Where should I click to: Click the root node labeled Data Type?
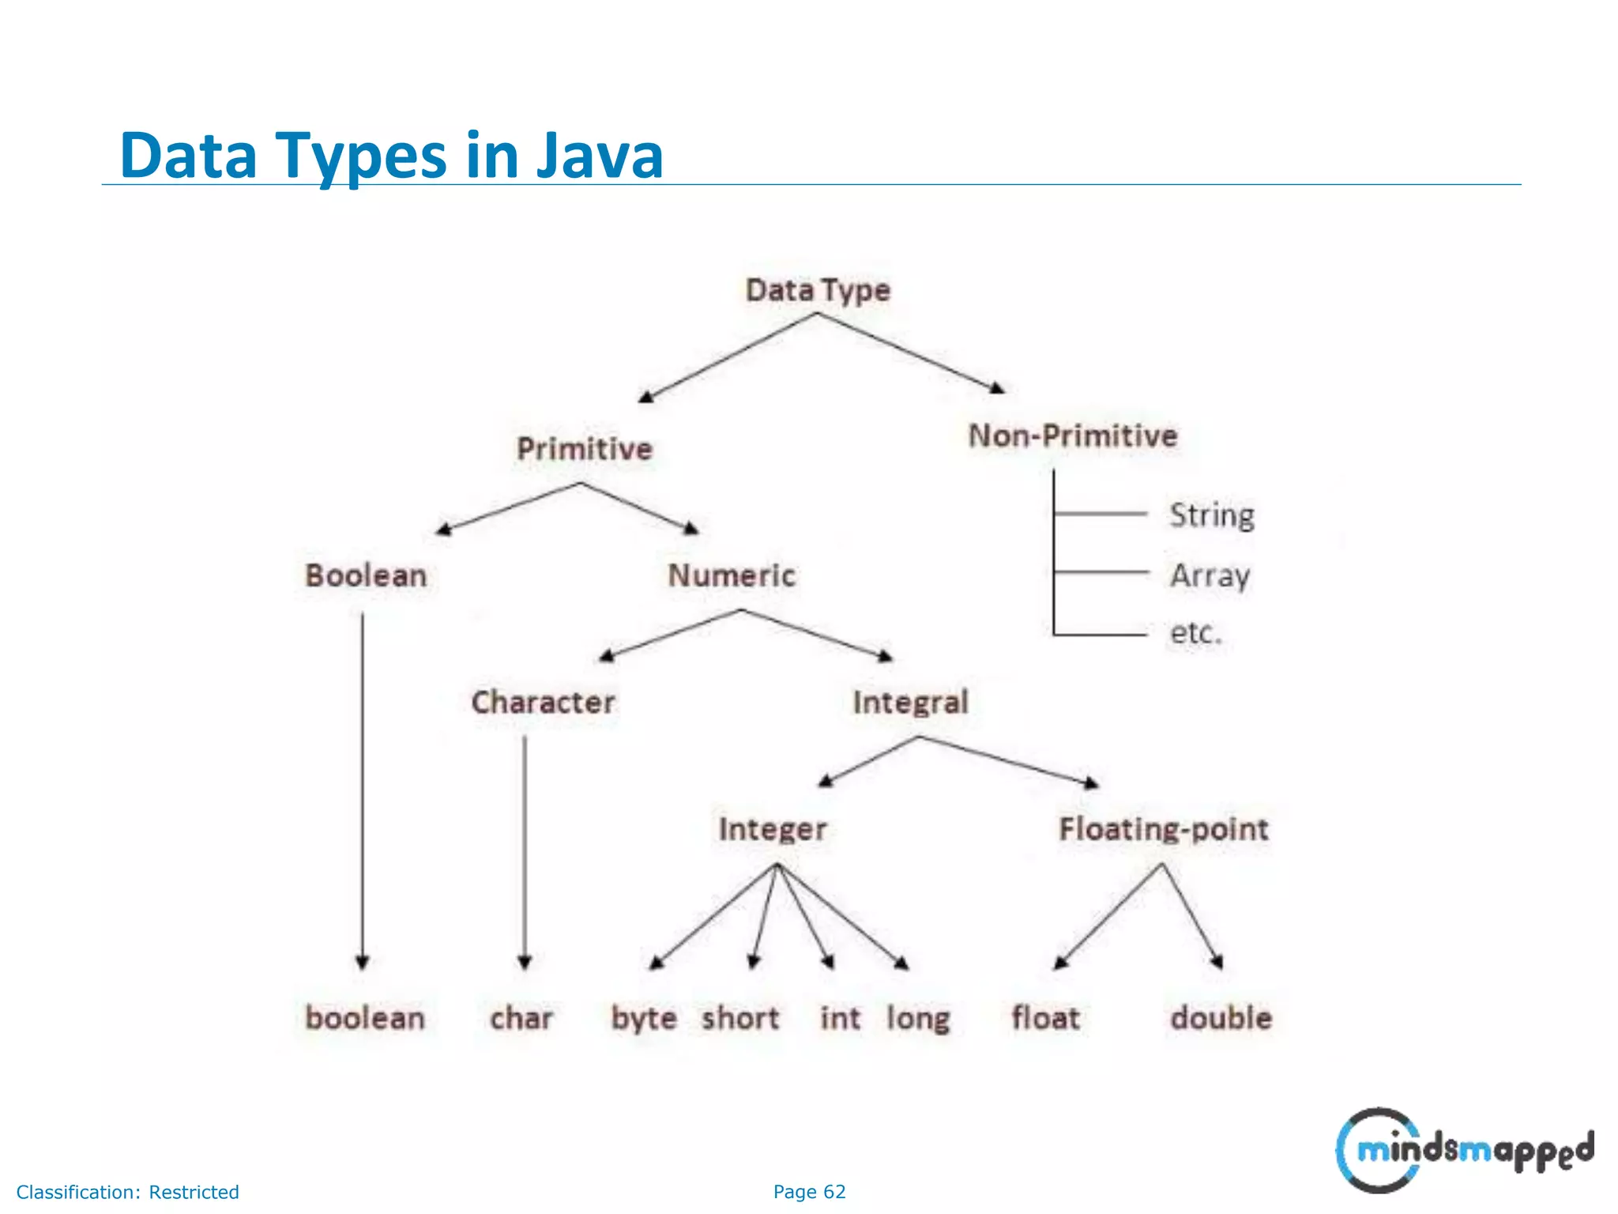click(x=818, y=291)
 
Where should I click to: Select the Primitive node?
click(x=585, y=449)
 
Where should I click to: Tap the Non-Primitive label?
click(x=1073, y=435)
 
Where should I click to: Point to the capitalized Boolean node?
click(x=366, y=575)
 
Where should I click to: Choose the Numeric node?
click(x=732, y=575)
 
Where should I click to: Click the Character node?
click(x=543, y=702)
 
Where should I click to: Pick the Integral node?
click(x=910, y=702)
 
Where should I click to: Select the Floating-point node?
click(x=1163, y=829)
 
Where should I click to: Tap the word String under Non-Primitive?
click(x=1212, y=515)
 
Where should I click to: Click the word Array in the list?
click(x=1210, y=575)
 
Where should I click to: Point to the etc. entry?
click(x=1195, y=632)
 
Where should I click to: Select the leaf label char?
click(x=521, y=1018)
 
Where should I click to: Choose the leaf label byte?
click(x=644, y=1018)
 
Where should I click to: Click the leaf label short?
click(x=740, y=1018)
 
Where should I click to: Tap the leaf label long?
click(x=918, y=1018)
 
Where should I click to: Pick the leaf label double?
click(x=1221, y=1018)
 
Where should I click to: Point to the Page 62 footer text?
click(x=809, y=1192)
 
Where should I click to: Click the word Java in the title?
click(x=600, y=155)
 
